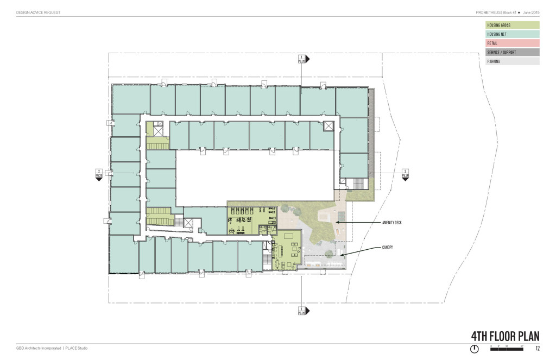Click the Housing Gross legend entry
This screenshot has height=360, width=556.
point(512,25)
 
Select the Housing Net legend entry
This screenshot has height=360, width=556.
point(512,34)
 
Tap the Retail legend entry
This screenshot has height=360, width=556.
point(512,43)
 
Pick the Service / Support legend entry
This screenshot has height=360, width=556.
point(512,53)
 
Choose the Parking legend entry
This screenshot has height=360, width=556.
point(512,62)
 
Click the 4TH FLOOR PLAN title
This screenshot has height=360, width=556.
point(497,336)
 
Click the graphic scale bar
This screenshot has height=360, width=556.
point(506,348)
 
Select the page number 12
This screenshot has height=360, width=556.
point(537,348)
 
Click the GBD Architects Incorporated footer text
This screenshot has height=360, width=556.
point(39,348)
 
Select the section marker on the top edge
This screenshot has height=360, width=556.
point(302,59)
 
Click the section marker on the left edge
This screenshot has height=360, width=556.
point(99,173)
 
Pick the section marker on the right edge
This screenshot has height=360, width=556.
point(405,173)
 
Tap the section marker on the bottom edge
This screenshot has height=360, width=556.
point(302,311)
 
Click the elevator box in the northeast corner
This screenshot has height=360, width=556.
point(328,127)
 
